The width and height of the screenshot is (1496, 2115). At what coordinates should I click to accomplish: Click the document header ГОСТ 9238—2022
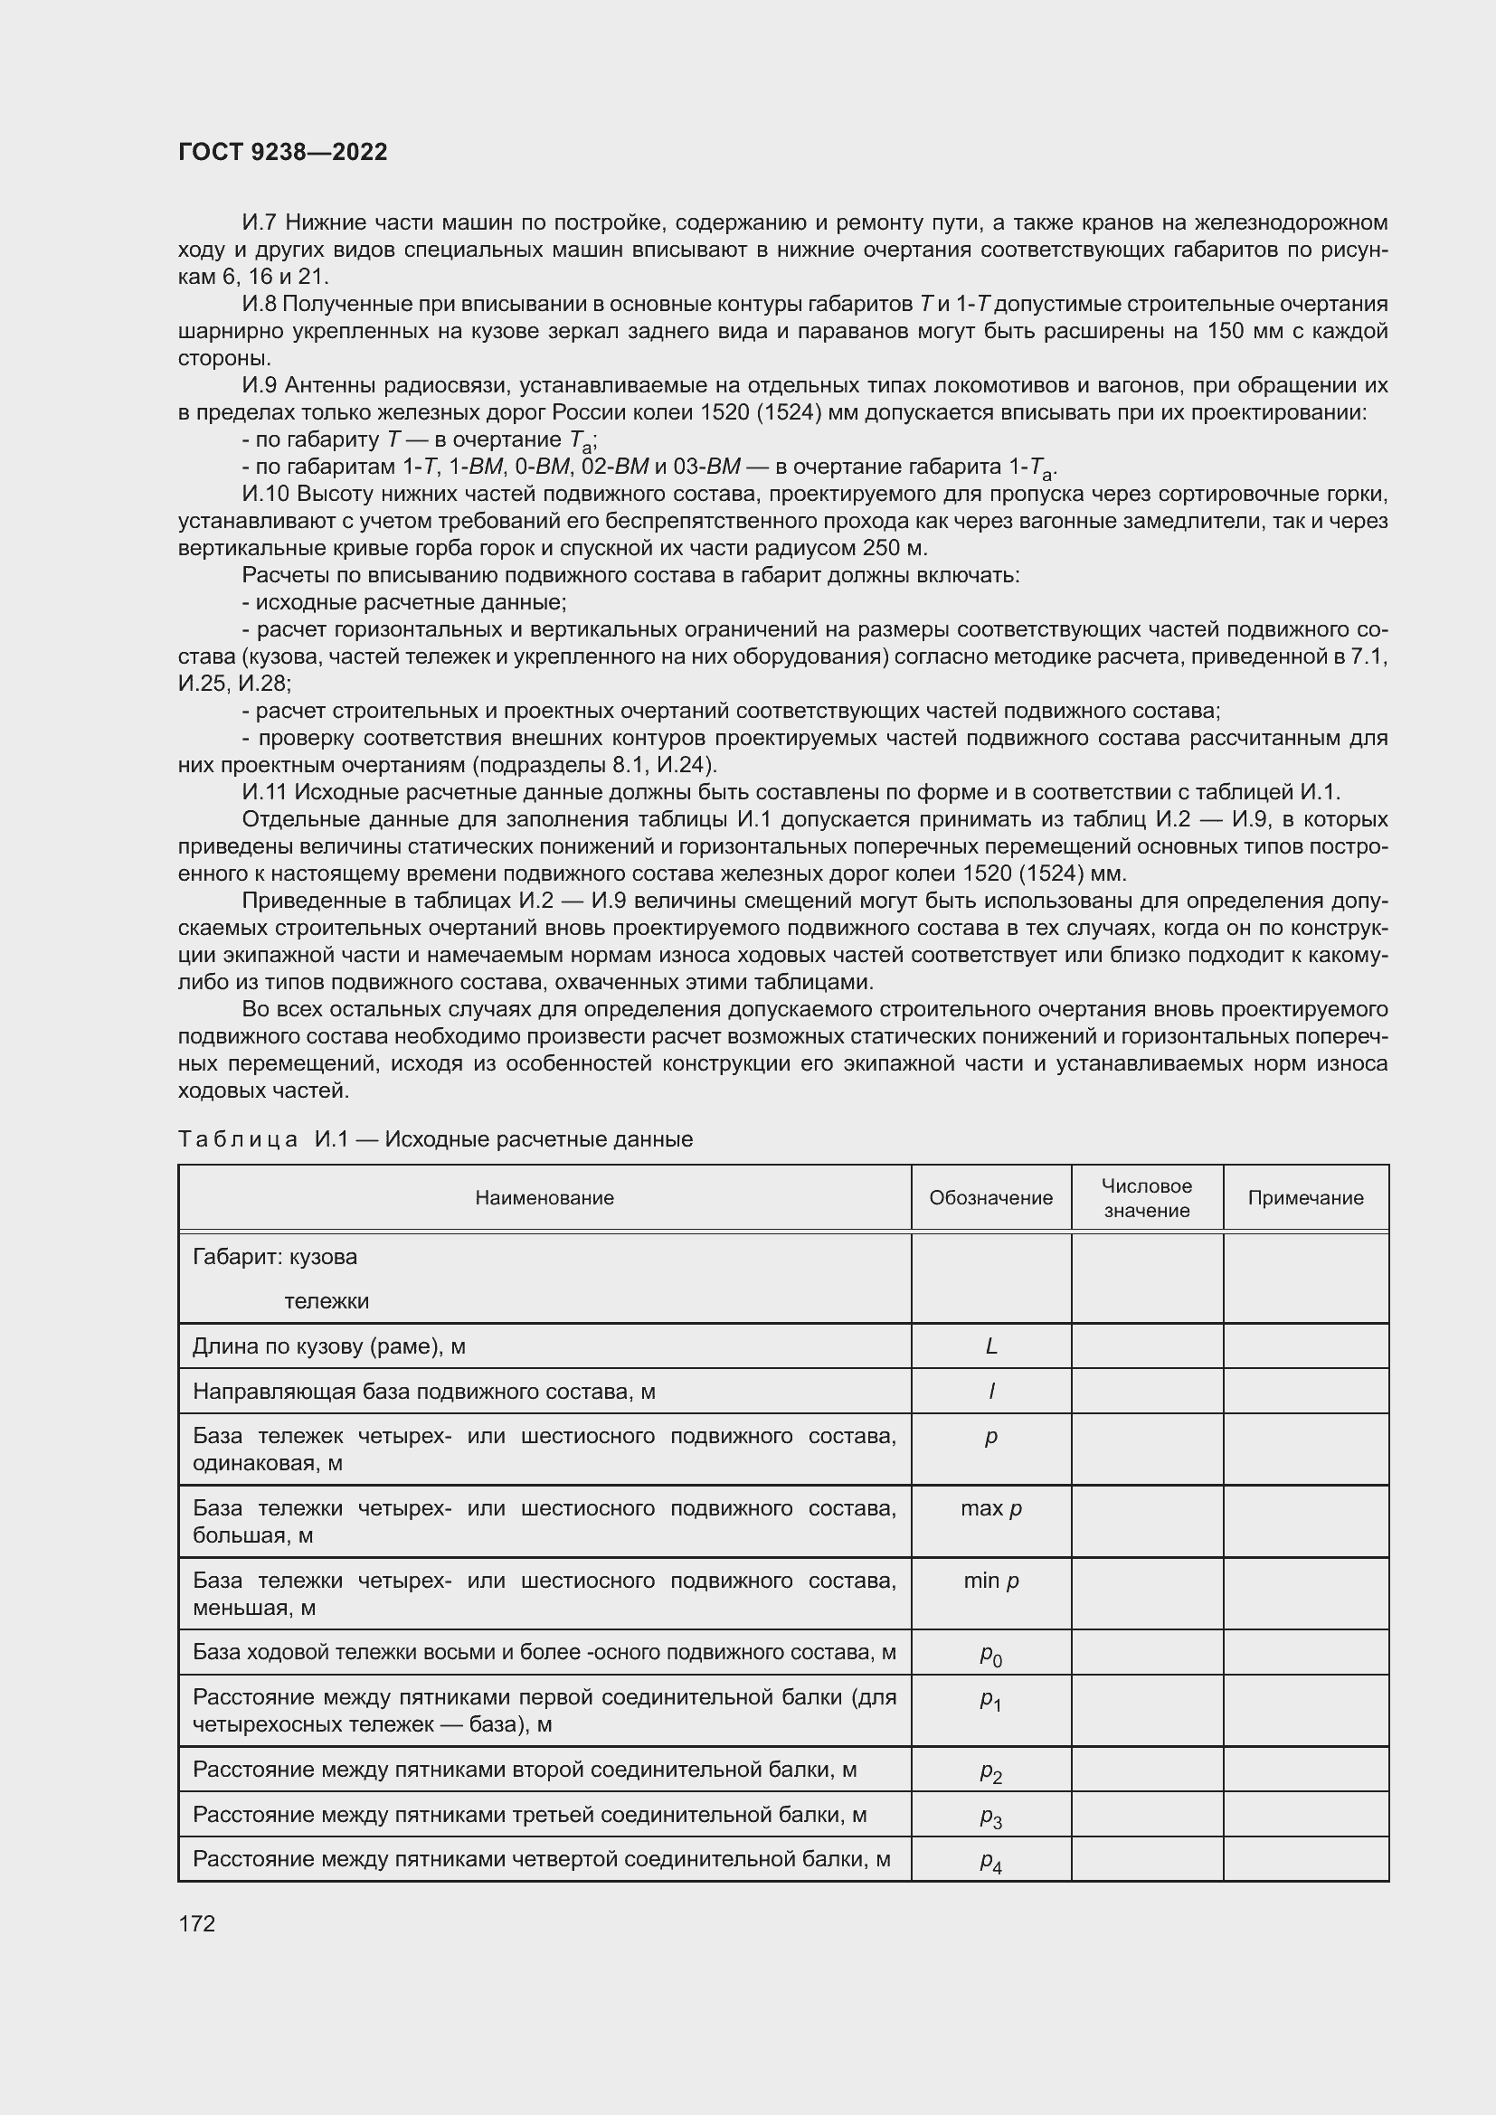pos(282,152)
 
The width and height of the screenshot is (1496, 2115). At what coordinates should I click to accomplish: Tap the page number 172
pos(196,1923)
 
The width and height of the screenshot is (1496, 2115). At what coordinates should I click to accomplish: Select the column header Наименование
pos(544,1197)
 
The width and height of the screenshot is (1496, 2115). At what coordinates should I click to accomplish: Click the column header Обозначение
pos(990,1197)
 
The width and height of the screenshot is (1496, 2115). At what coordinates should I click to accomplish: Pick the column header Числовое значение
pos(1146,1198)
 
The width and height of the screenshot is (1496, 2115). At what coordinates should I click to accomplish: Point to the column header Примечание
pos(1304,1197)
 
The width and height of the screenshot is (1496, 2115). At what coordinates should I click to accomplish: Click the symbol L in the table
pos(991,1346)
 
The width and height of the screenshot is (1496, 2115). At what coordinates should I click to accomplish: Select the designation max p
pos(991,1508)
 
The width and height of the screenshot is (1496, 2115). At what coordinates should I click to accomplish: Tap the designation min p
pos(991,1581)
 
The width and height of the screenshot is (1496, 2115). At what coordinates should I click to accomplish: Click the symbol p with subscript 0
pos(991,1655)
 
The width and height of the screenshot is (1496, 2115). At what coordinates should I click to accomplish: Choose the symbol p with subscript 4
pos(991,1863)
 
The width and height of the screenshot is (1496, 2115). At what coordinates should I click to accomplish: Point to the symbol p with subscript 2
pos(991,1772)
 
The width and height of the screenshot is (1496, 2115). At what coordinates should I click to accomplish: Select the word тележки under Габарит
pos(327,1300)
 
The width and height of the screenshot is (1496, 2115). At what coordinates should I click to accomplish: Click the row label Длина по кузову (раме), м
pos(329,1346)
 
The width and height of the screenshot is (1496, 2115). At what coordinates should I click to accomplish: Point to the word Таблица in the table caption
pos(238,1139)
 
